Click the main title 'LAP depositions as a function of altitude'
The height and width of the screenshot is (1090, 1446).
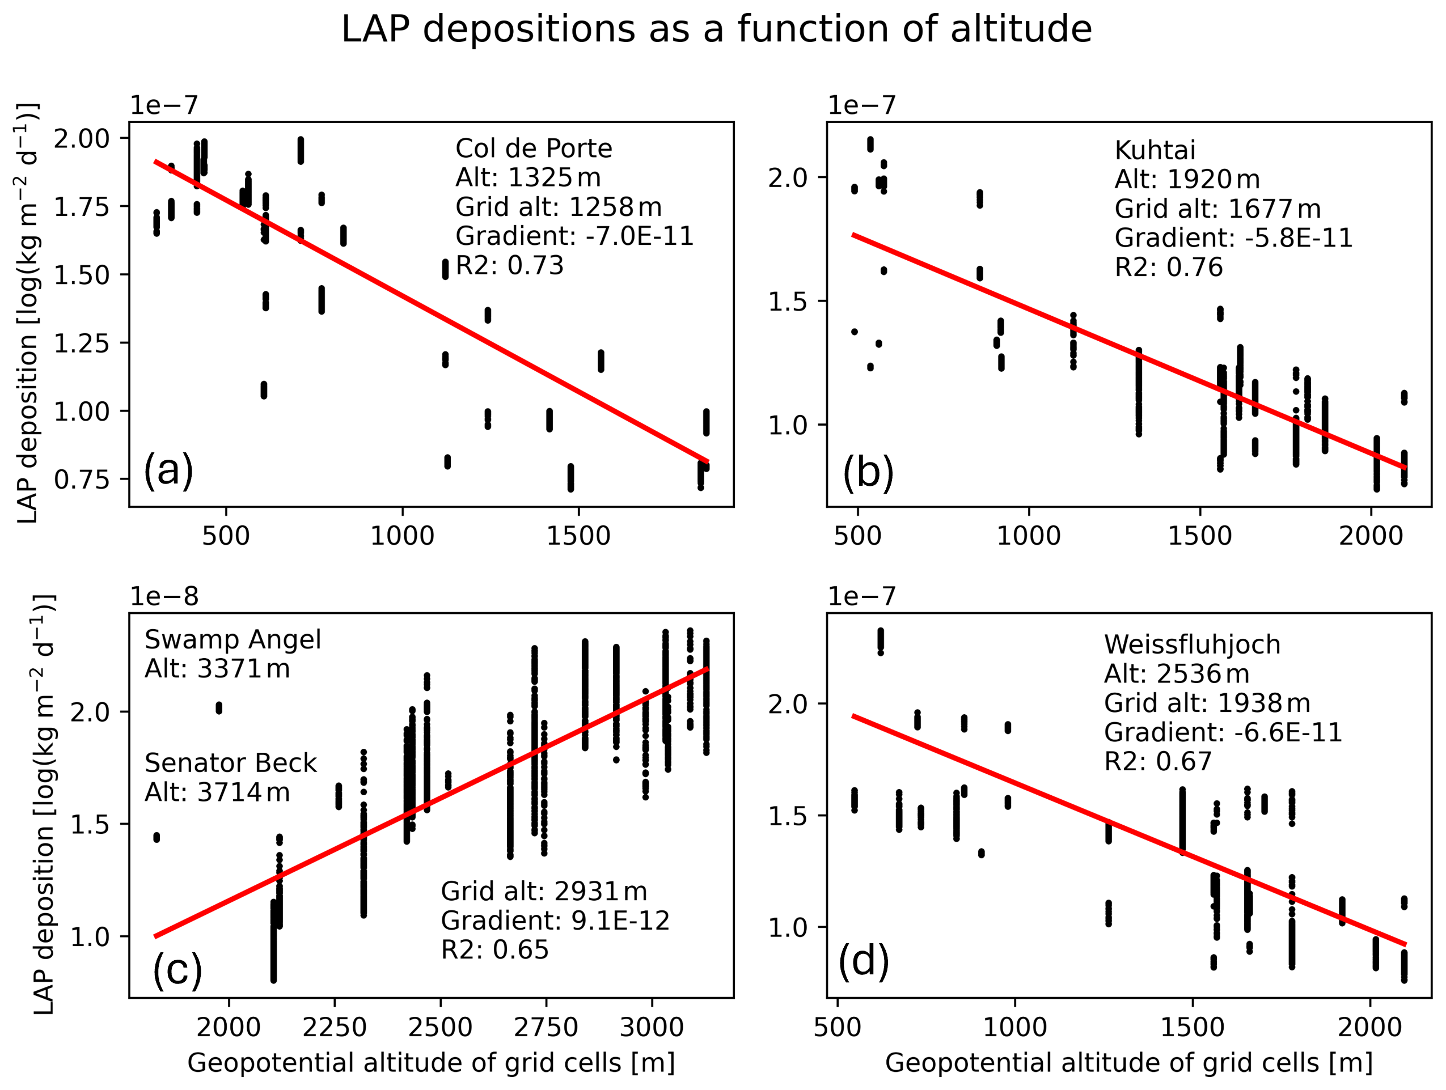click(x=716, y=30)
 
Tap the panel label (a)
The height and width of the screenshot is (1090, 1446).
click(x=168, y=469)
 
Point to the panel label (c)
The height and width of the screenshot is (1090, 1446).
click(x=177, y=970)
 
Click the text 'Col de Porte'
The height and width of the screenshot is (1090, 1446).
click(x=534, y=149)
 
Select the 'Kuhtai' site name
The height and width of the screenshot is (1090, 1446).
click(x=1155, y=151)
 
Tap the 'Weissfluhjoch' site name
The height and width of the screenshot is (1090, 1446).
click(x=1192, y=645)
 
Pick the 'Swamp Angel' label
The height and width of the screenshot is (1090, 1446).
click(x=232, y=640)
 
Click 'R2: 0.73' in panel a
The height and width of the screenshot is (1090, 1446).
click(x=509, y=266)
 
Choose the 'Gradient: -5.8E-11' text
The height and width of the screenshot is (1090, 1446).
click(x=1233, y=239)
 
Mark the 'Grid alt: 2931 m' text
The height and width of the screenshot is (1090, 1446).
click(x=544, y=892)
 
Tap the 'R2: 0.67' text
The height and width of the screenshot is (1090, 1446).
click(x=1158, y=761)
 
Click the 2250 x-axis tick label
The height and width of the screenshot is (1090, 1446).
click(x=334, y=1028)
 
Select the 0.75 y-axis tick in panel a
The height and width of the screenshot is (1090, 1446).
click(x=82, y=480)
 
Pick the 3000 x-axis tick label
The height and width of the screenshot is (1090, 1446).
click(x=651, y=1028)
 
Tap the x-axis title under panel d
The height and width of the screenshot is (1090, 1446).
click(x=1129, y=1064)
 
